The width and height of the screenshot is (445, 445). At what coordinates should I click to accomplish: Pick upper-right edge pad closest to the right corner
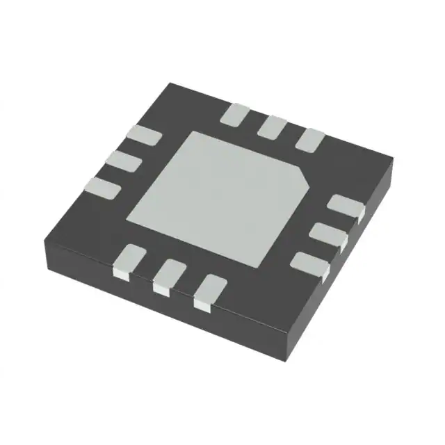(310, 138)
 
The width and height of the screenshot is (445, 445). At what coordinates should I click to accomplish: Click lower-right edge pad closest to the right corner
(346, 207)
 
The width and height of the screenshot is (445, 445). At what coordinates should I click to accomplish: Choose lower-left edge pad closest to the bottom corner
(209, 291)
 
